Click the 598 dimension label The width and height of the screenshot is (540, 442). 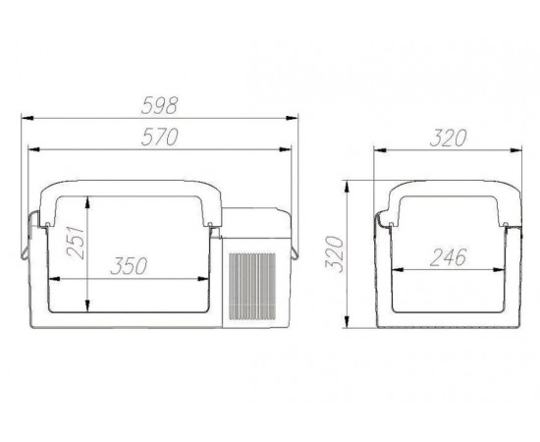159,105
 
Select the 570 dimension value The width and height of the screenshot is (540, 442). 159,137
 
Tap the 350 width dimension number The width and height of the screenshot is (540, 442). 129,266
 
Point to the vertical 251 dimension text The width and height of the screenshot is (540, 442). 76,243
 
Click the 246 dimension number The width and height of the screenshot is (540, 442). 448,257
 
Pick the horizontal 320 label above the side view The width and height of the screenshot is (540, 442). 448,138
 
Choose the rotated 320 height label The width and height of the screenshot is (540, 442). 335,254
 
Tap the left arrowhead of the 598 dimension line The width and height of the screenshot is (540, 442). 27,118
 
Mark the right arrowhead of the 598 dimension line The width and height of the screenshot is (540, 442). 292,118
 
